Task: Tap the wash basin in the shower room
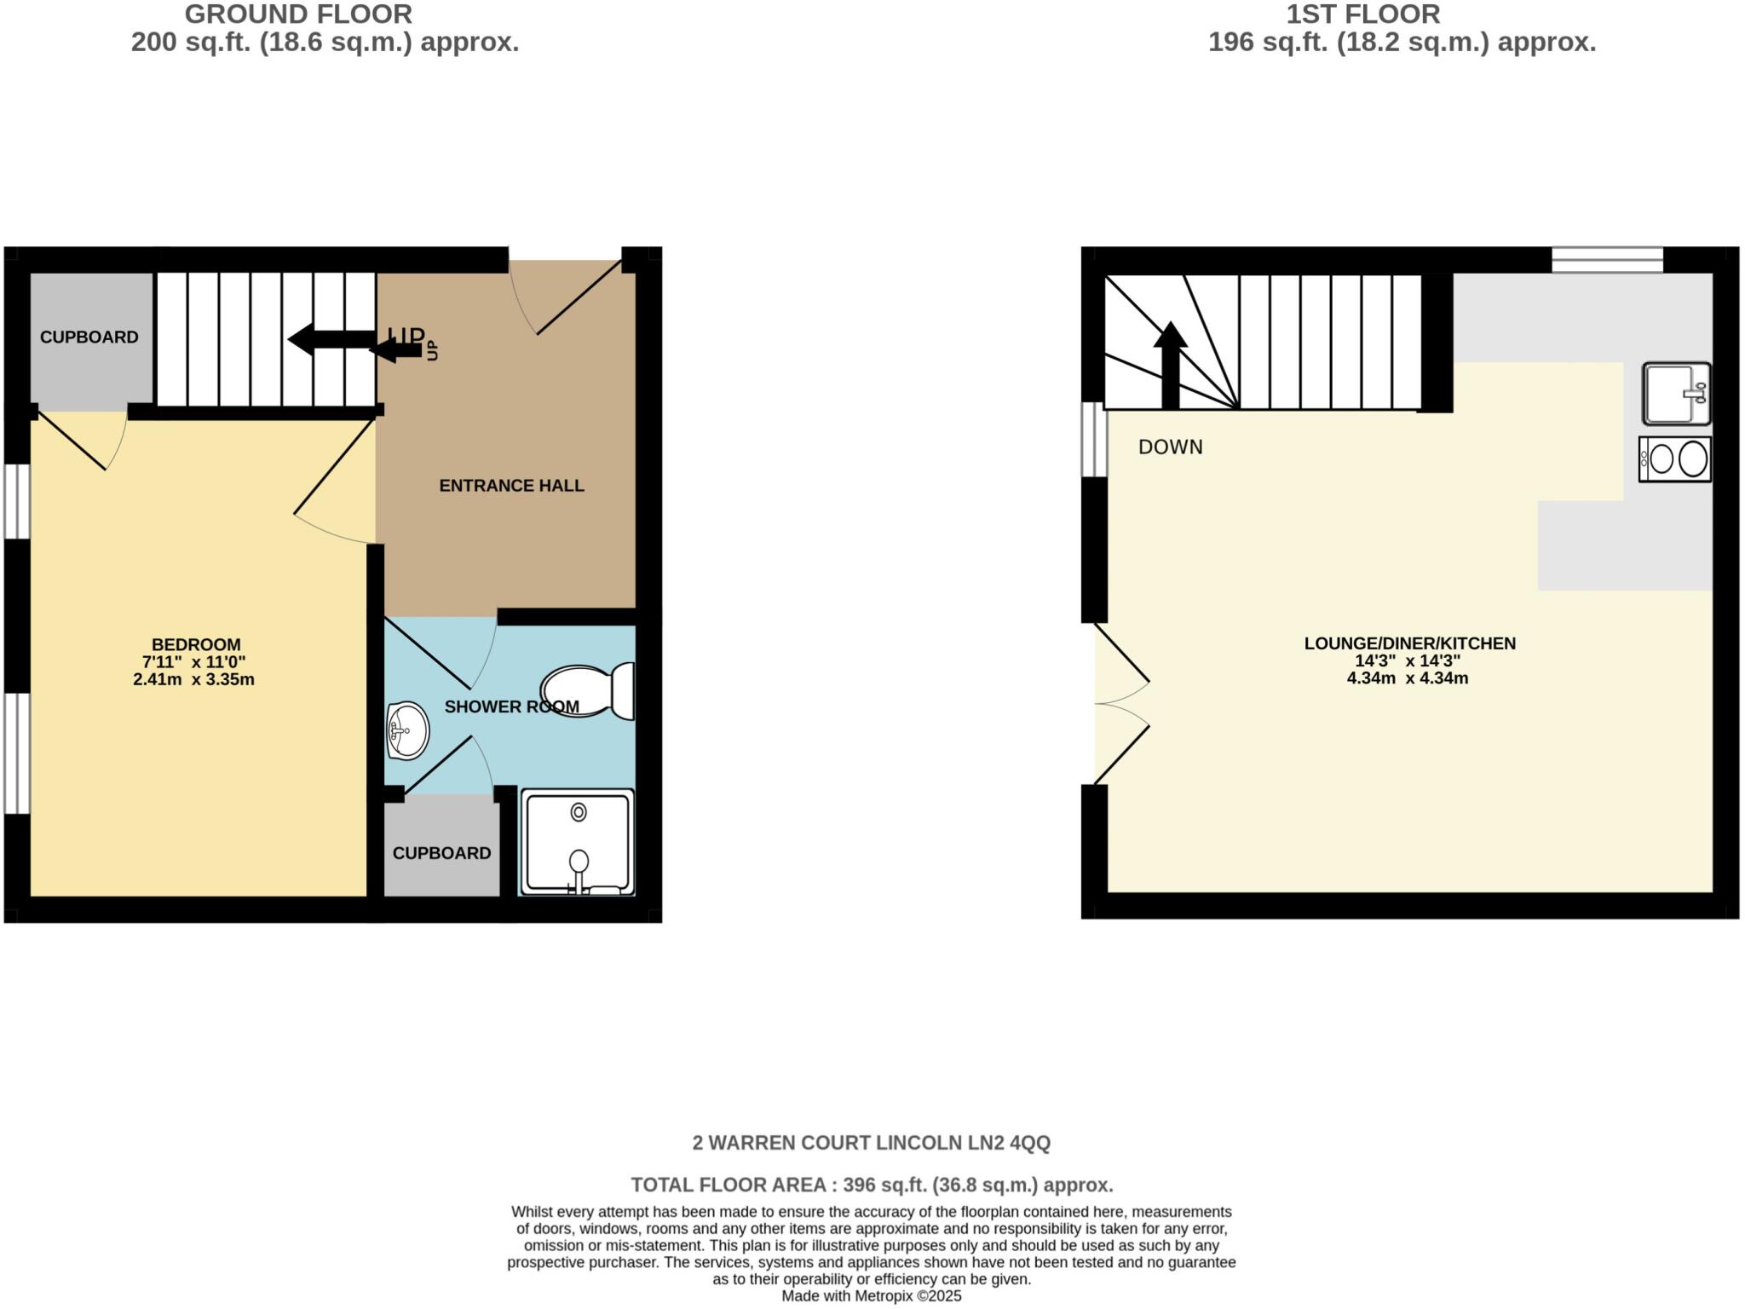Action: coord(407,730)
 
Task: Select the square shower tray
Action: coord(578,842)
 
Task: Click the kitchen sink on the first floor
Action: coord(1676,393)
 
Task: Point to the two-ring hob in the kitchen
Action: coord(1674,459)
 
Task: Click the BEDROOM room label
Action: coord(196,645)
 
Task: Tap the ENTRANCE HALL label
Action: coord(511,486)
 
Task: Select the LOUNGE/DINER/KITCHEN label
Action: coord(1409,643)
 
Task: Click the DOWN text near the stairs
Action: coord(1171,447)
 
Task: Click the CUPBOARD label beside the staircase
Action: coord(89,337)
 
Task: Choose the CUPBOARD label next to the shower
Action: coord(441,853)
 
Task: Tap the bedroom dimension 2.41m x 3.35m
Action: coord(193,680)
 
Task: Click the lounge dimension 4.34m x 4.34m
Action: coord(1407,679)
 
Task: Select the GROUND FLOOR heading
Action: coord(298,14)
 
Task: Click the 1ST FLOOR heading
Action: coord(1362,14)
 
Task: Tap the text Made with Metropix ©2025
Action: coord(871,1296)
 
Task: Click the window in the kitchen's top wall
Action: coord(1607,260)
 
